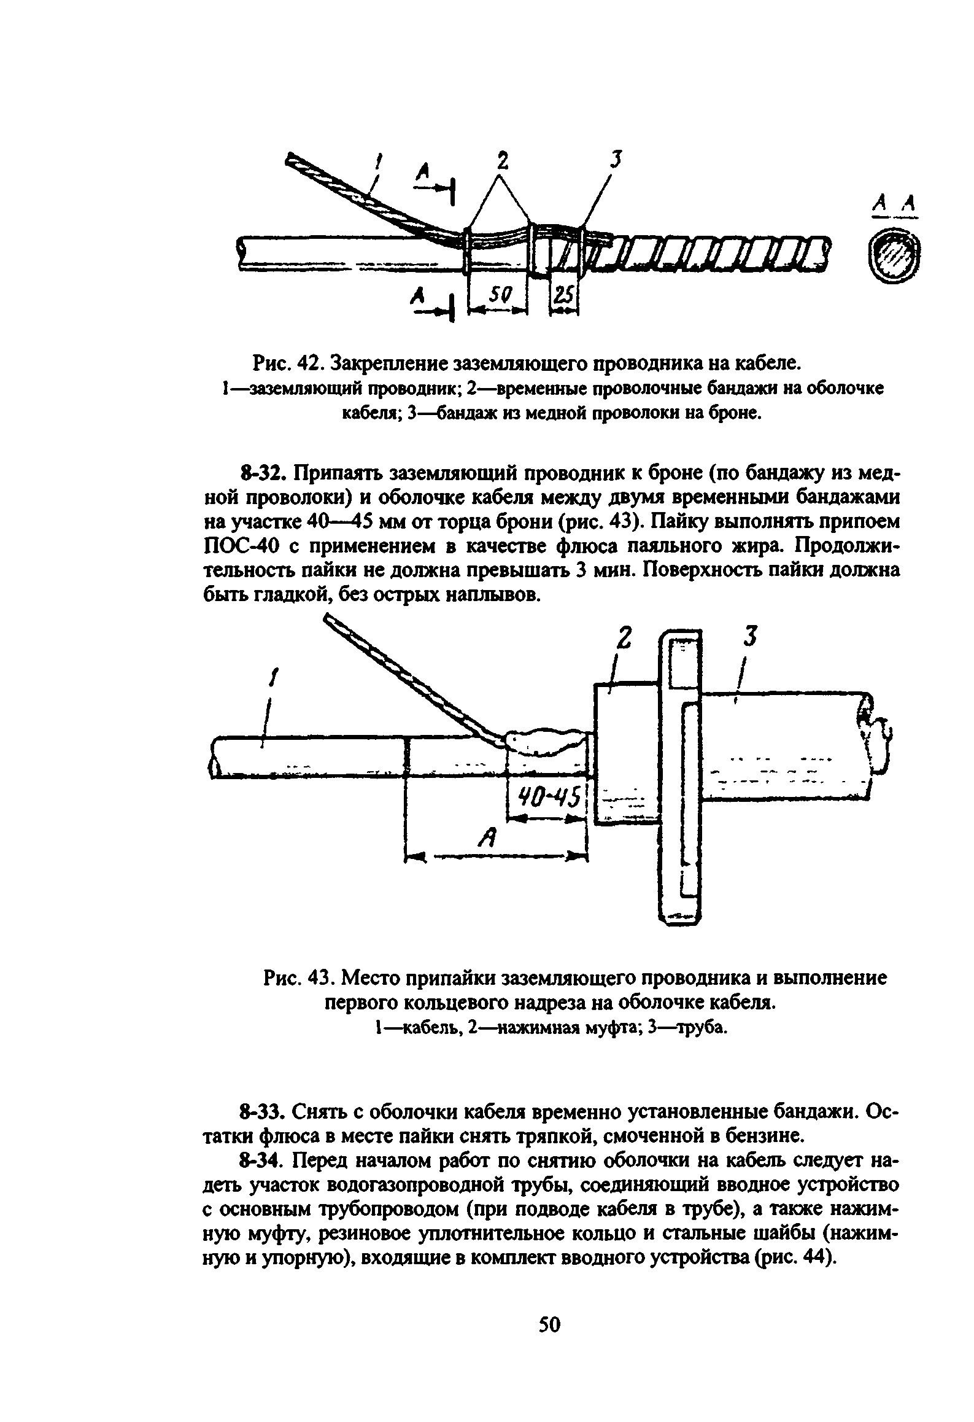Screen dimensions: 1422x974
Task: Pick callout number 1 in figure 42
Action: click(x=379, y=164)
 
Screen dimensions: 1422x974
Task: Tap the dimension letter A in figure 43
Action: click(x=489, y=837)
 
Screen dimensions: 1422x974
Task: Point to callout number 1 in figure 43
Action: click(x=272, y=680)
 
